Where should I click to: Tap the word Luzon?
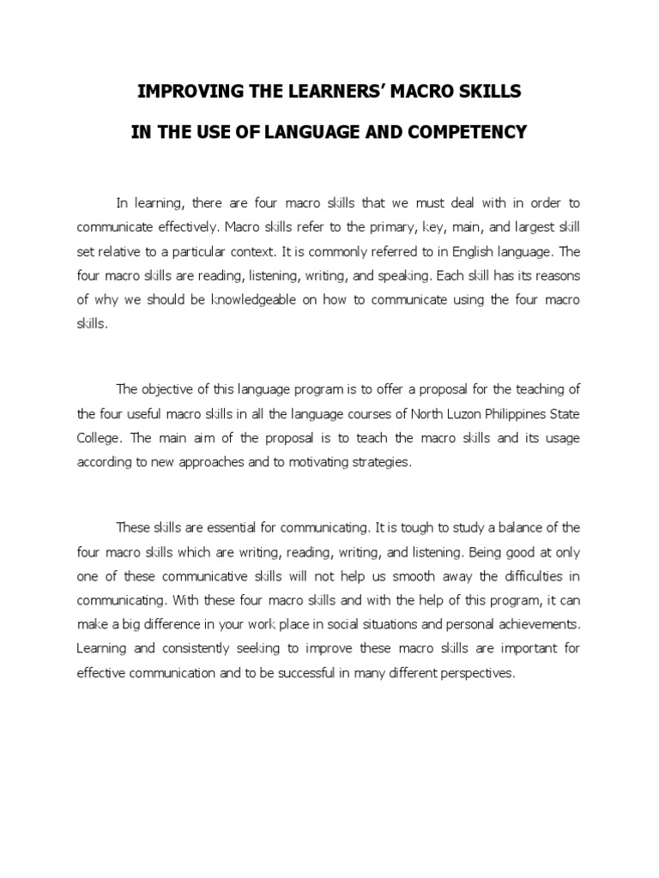click(x=436, y=413)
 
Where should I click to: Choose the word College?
click(x=100, y=437)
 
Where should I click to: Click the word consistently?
click(x=199, y=648)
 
